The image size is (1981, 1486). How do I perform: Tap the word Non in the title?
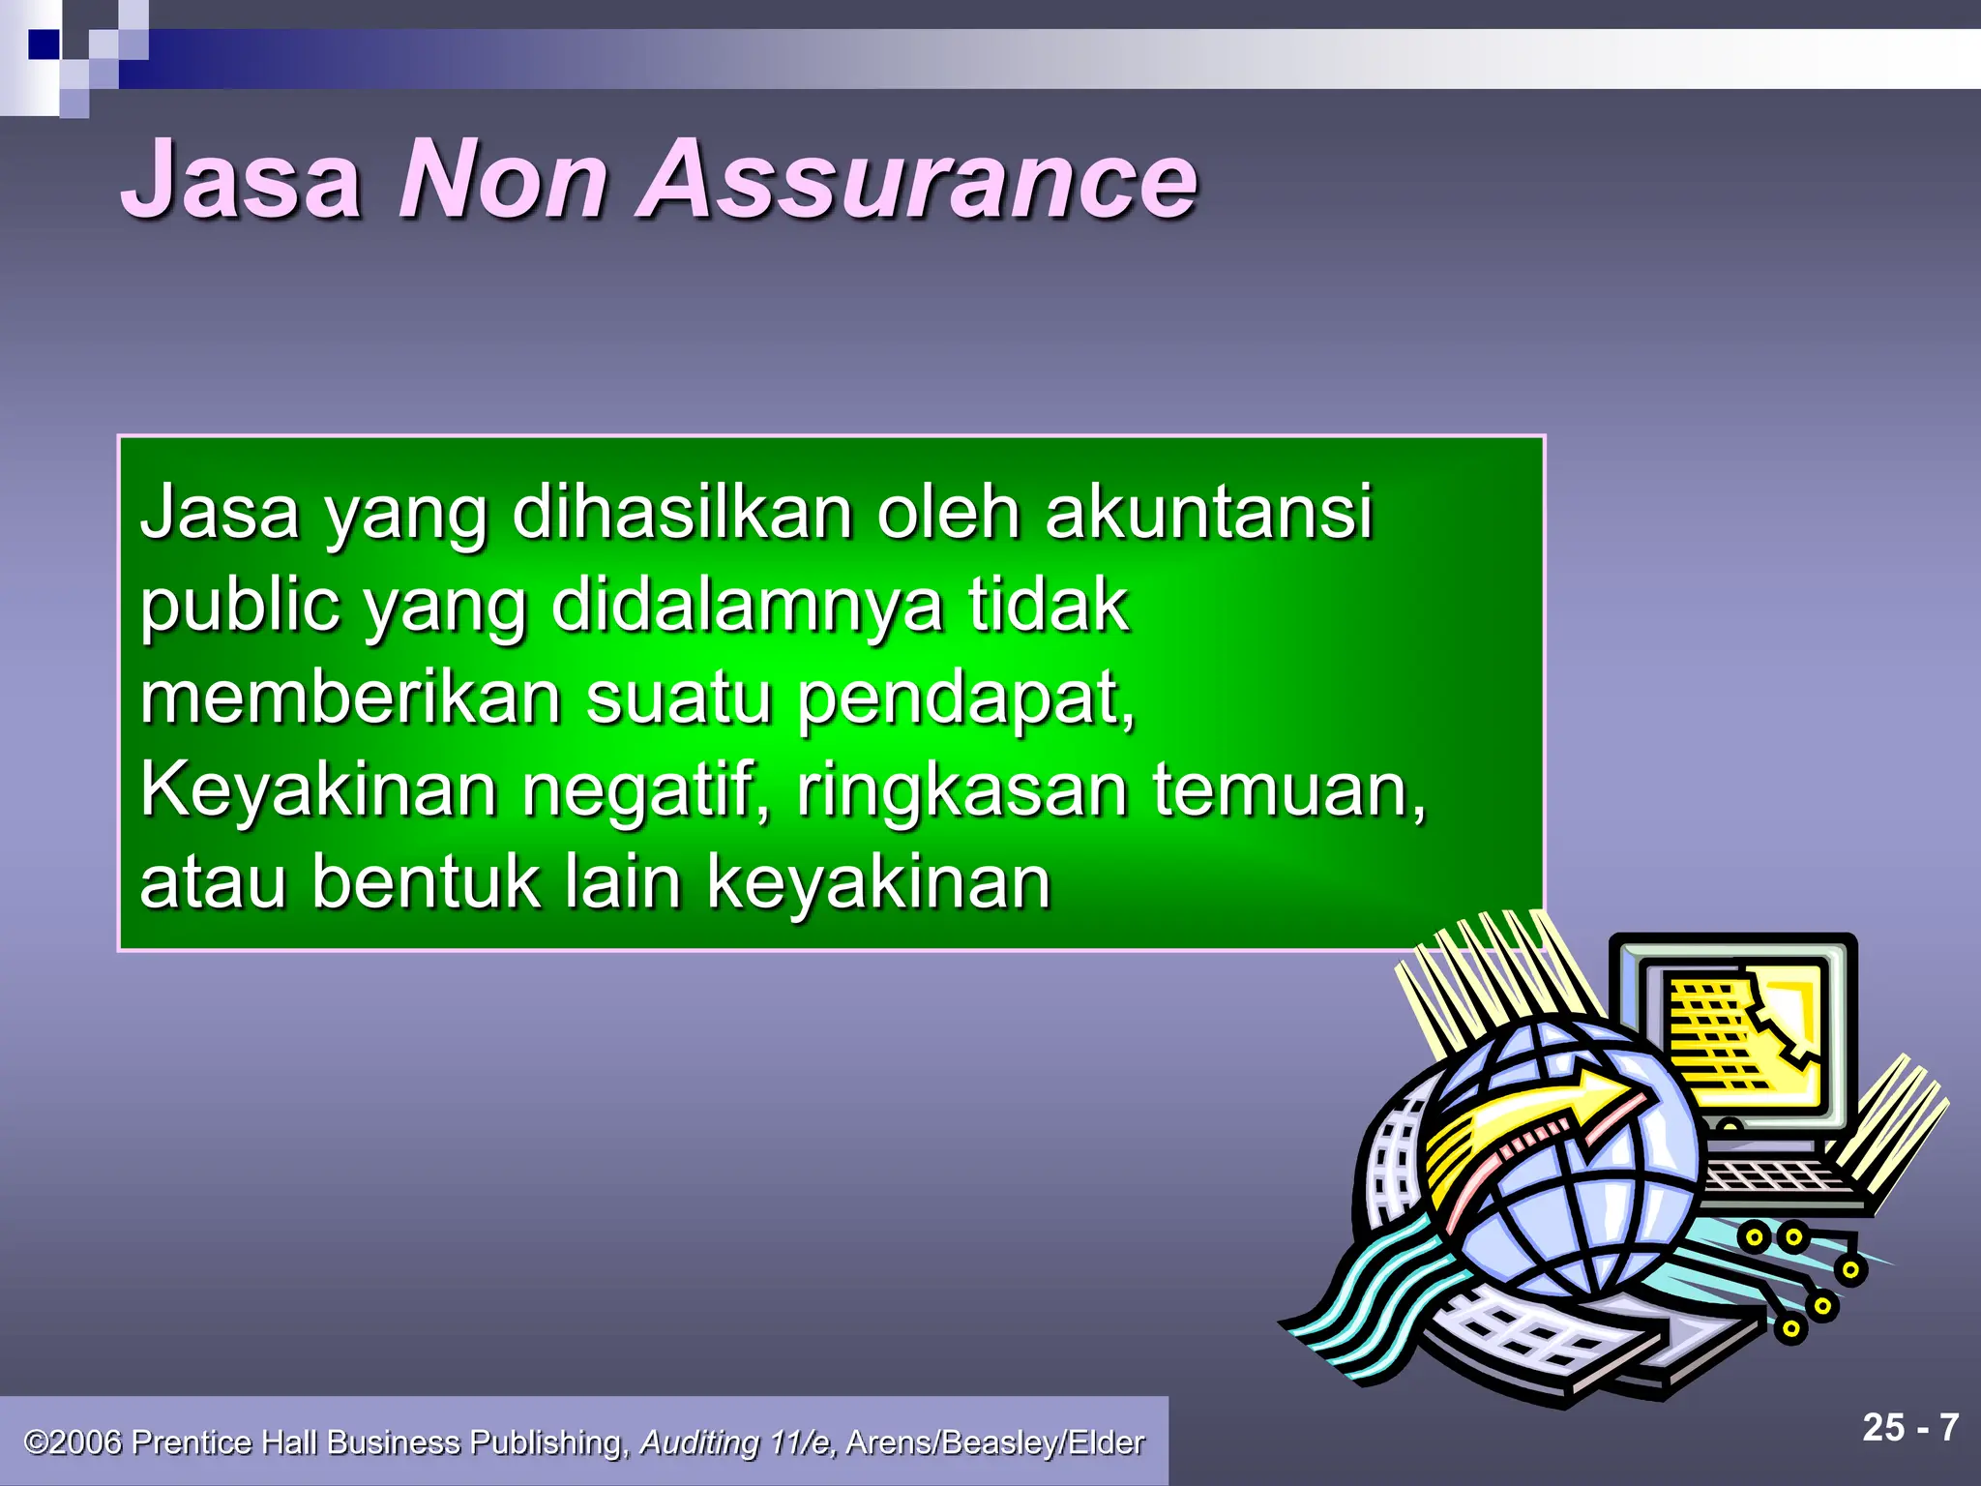coord(503,181)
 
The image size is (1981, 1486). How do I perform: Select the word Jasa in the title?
coord(242,181)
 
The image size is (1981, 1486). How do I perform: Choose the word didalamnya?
coord(746,606)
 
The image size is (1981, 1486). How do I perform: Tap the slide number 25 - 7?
coord(1910,1428)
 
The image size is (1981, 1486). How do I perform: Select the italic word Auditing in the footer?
coord(699,1442)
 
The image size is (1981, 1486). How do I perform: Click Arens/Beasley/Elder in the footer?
coord(994,1442)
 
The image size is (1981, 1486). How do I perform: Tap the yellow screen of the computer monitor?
coord(1741,1035)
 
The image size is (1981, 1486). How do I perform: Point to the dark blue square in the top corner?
coord(44,45)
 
